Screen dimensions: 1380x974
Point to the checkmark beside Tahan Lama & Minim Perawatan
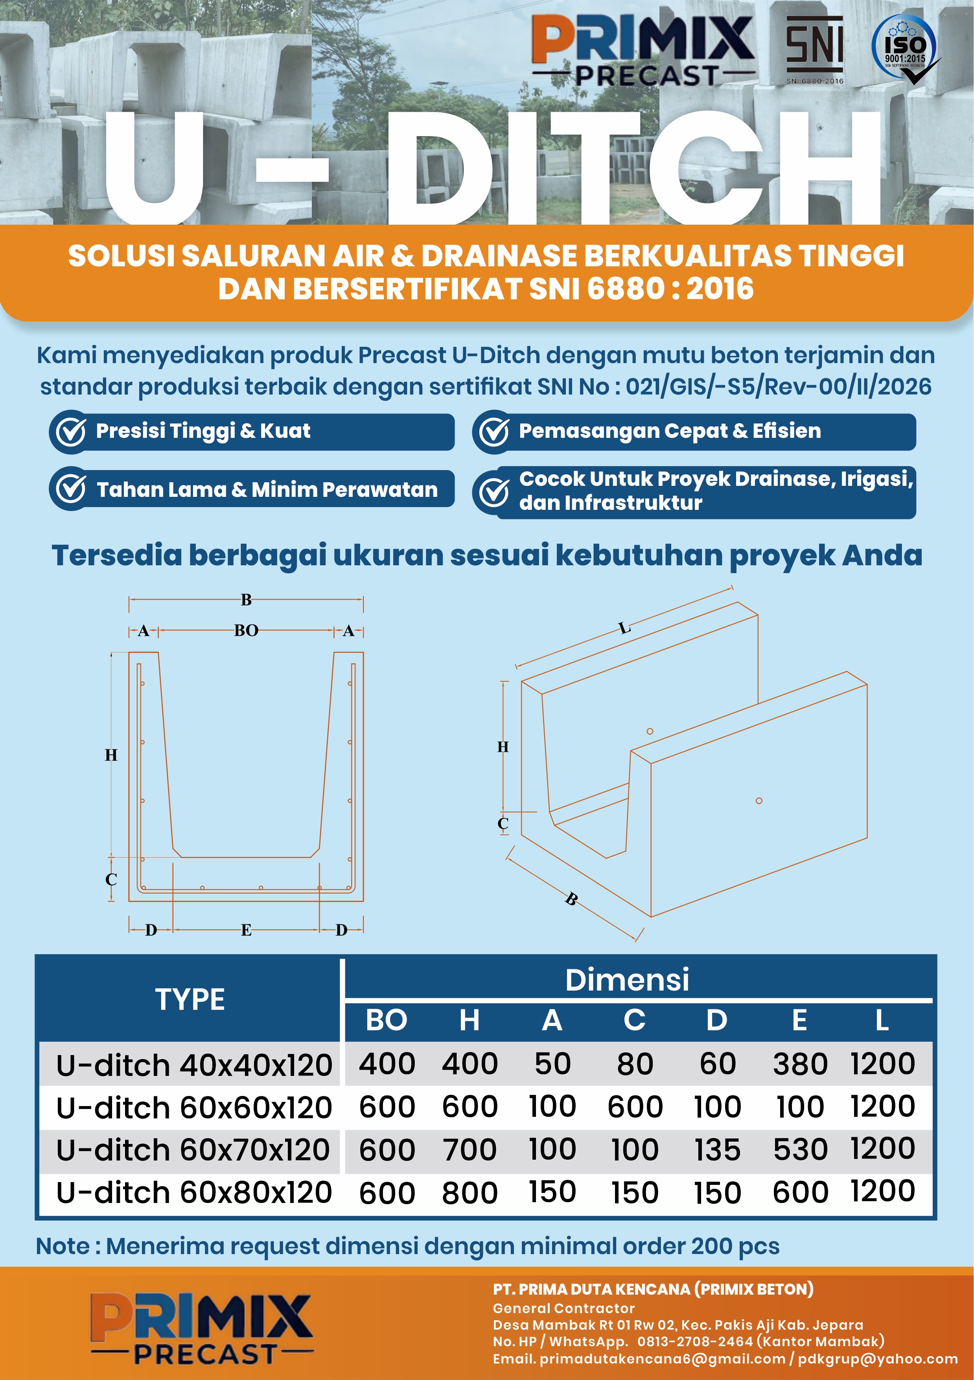[x=71, y=489]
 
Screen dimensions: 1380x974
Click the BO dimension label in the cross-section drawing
[x=246, y=631]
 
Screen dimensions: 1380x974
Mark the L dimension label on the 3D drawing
[x=625, y=629]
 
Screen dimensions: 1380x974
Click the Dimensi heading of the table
[x=627, y=980]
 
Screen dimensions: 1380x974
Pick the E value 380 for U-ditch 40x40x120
[x=800, y=1064]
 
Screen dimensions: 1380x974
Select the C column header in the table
[x=635, y=1020]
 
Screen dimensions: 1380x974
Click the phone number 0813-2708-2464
[x=694, y=1341]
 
